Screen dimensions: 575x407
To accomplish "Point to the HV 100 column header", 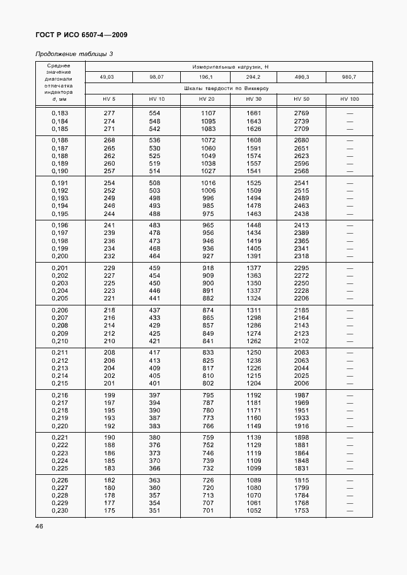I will (x=349, y=100).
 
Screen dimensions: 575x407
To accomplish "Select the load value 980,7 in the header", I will (x=349, y=77).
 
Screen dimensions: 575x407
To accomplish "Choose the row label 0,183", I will (x=59, y=113).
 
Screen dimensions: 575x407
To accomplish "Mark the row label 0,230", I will (x=59, y=511).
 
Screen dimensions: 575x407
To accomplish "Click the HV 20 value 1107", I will (x=207, y=113).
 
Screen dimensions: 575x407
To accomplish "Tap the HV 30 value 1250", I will (x=253, y=353).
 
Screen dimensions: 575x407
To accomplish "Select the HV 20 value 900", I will (x=207, y=283).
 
